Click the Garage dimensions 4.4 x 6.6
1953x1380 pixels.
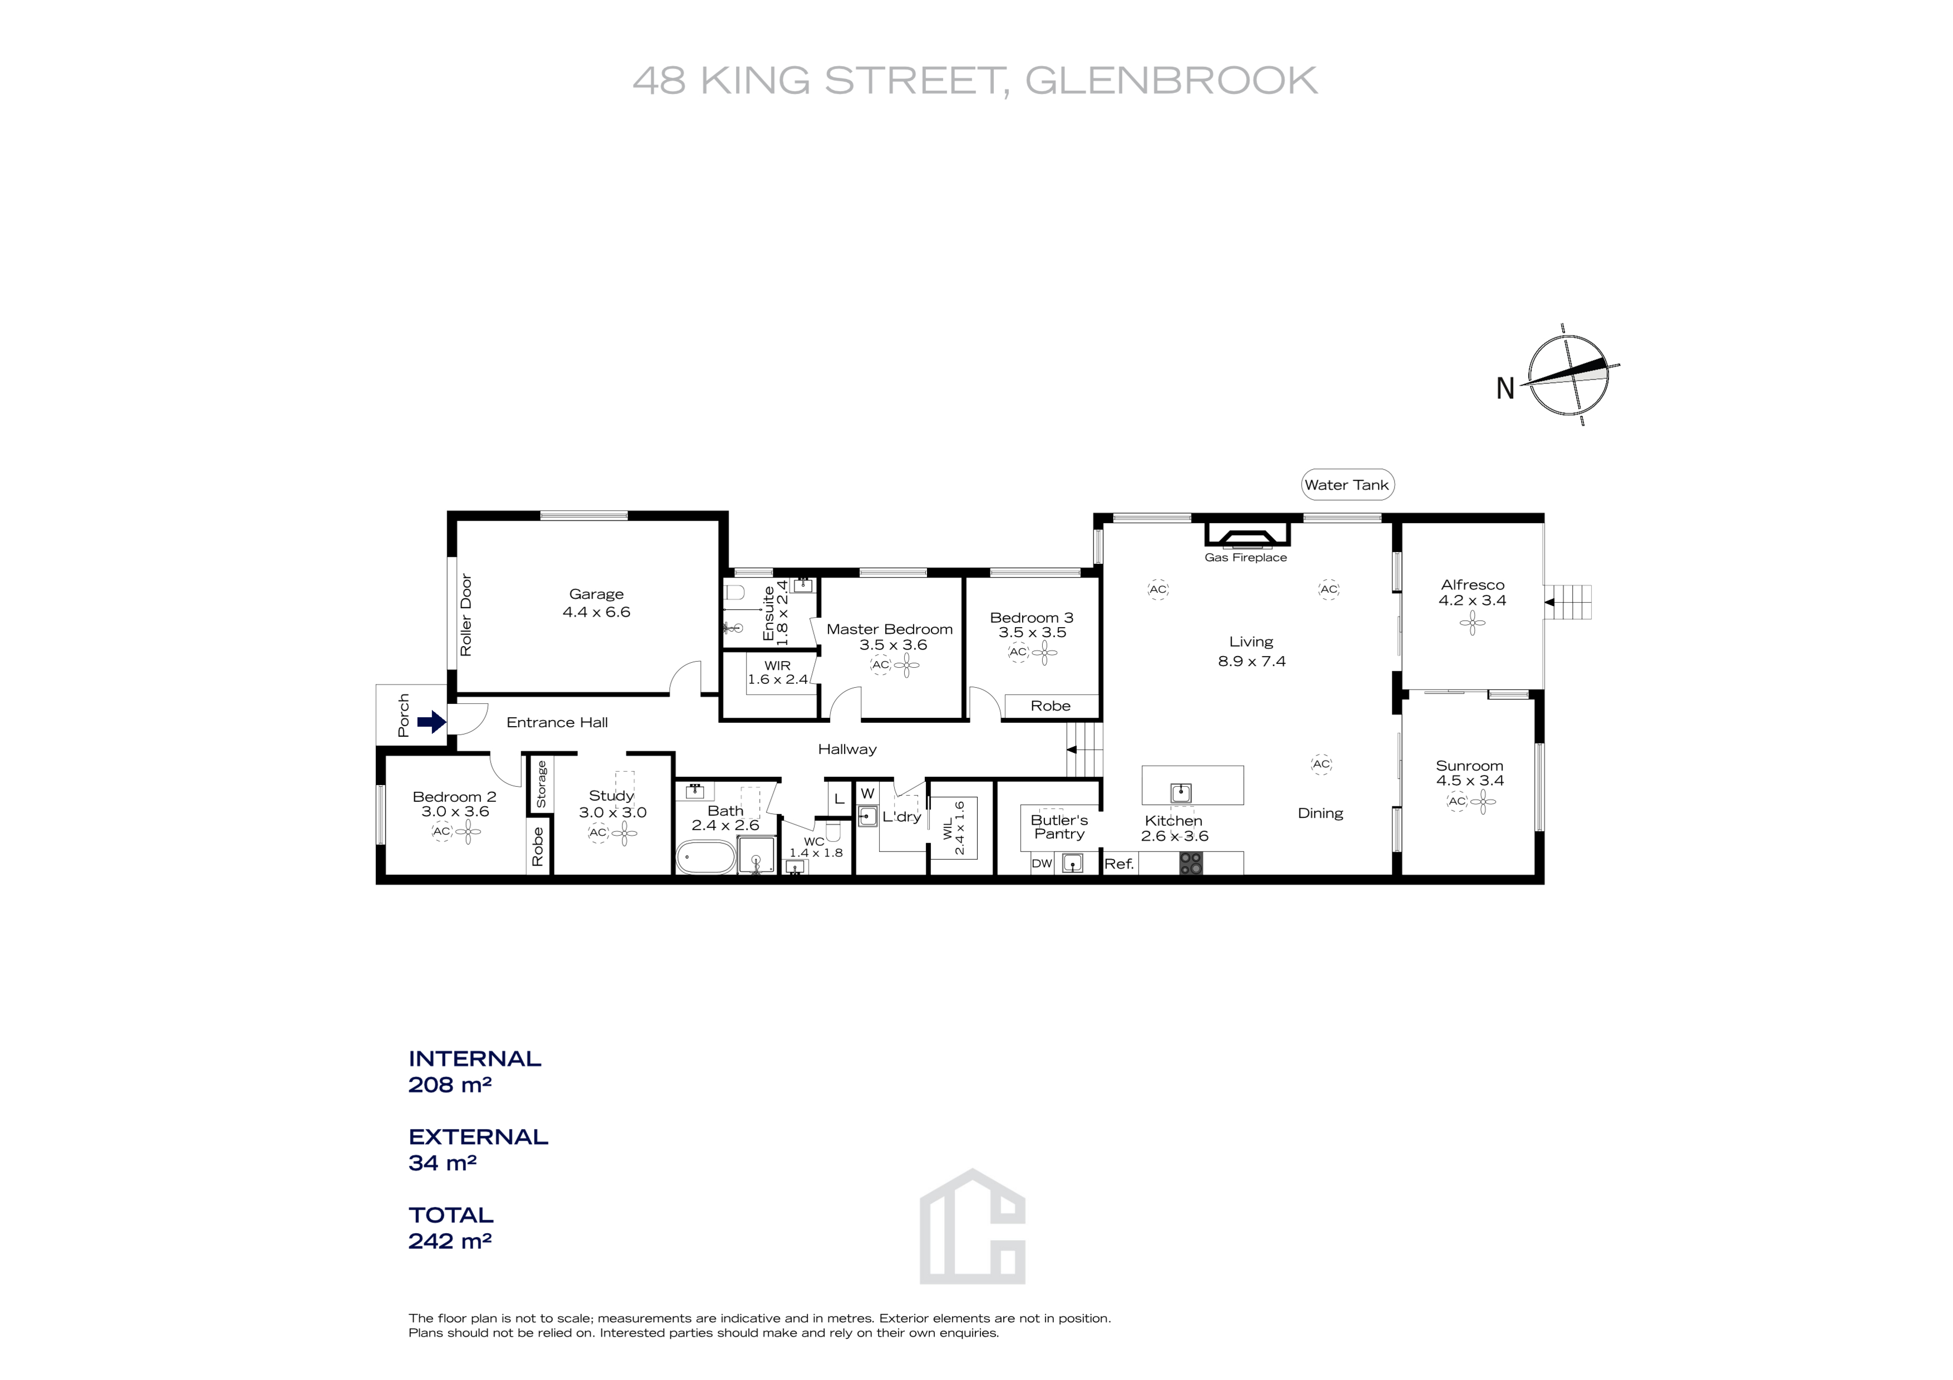596,612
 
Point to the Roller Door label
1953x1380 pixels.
465,615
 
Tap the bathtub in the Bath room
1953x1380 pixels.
705,857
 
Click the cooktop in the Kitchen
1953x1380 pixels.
1191,864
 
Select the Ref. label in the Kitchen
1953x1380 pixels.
1118,864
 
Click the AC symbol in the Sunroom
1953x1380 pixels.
1456,801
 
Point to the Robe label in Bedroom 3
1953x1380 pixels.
1051,706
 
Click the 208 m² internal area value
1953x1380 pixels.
450,1085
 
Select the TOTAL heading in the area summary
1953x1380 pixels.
451,1215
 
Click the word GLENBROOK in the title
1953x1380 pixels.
1171,81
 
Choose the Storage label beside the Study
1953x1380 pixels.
541,784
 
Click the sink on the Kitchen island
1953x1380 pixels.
1181,792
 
